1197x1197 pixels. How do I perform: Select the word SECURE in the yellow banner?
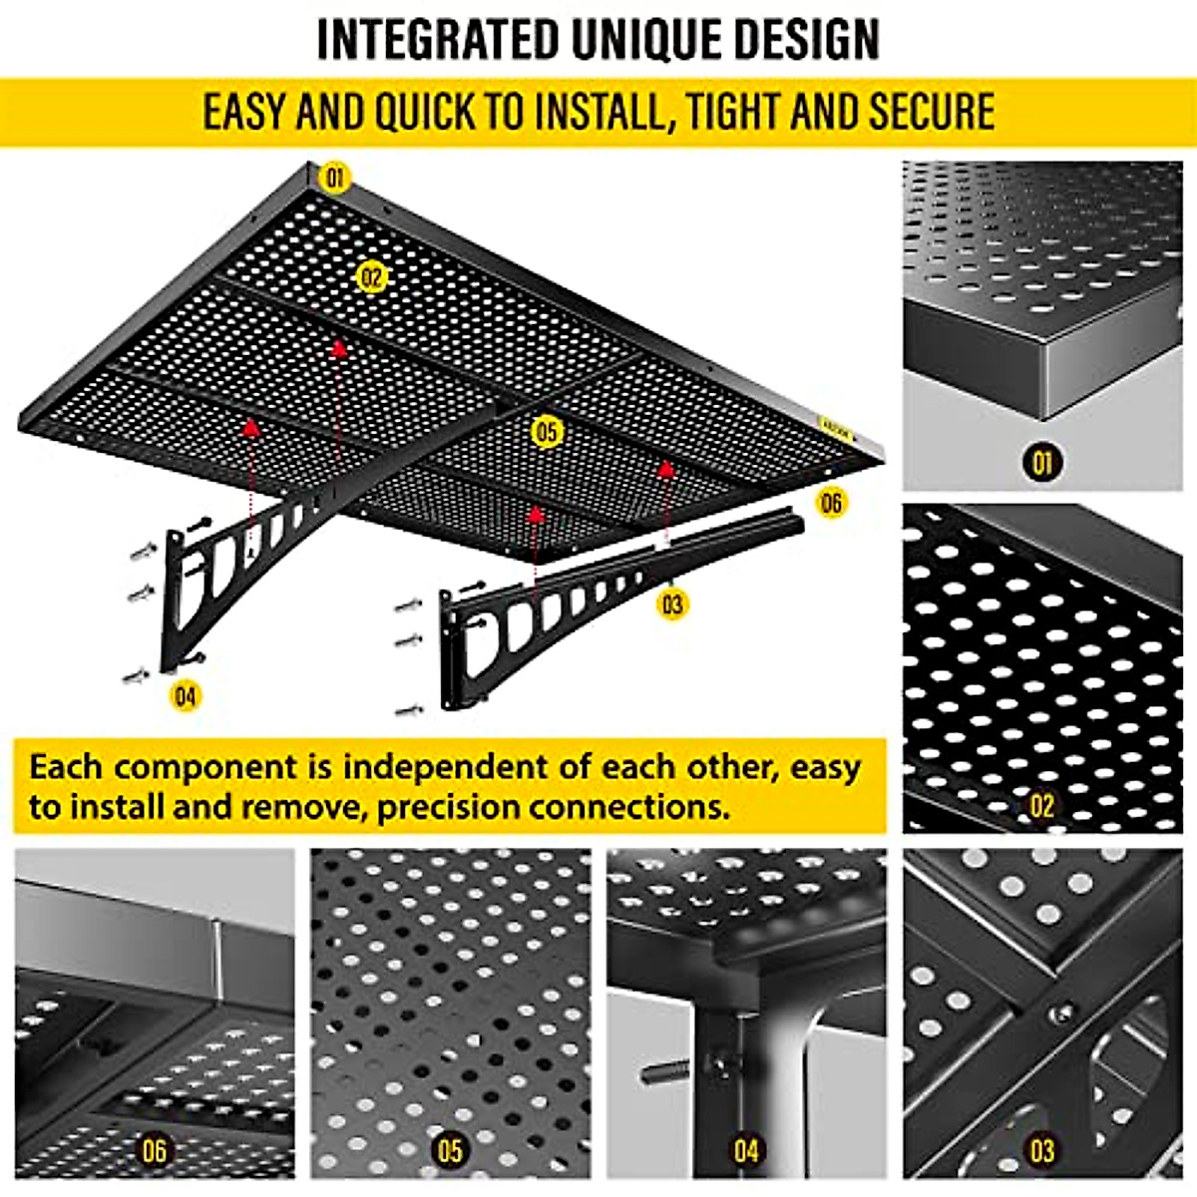pyautogui.click(x=931, y=111)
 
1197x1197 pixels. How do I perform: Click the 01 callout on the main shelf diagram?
pyautogui.click(x=335, y=179)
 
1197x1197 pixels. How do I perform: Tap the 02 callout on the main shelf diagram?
pyautogui.click(x=372, y=277)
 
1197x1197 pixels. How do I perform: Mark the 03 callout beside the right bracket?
pyautogui.click(x=673, y=603)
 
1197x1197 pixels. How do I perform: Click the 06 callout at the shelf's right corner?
pyautogui.click(x=831, y=503)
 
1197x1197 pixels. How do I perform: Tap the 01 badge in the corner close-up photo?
pyautogui.click(x=1042, y=462)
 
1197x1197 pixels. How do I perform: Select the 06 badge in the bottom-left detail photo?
pyautogui.click(x=154, y=1151)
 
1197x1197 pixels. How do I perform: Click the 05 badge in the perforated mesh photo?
pyautogui.click(x=450, y=1151)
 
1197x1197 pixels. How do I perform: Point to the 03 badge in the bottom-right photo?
pyautogui.click(x=1042, y=1151)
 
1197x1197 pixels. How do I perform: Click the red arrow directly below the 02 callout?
pyautogui.click(x=340, y=347)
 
